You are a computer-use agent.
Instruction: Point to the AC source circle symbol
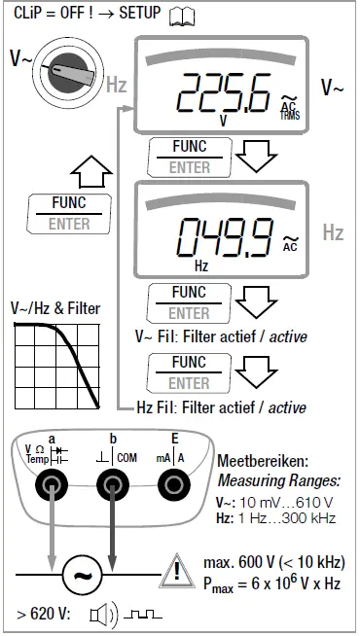point(83,576)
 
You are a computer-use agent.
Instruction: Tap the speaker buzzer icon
point(102,616)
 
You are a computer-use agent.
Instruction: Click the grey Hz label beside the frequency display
point(333,233)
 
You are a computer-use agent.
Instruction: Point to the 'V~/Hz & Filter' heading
point(55,308)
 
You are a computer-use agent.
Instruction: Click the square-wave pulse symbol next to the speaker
point(140,617)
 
